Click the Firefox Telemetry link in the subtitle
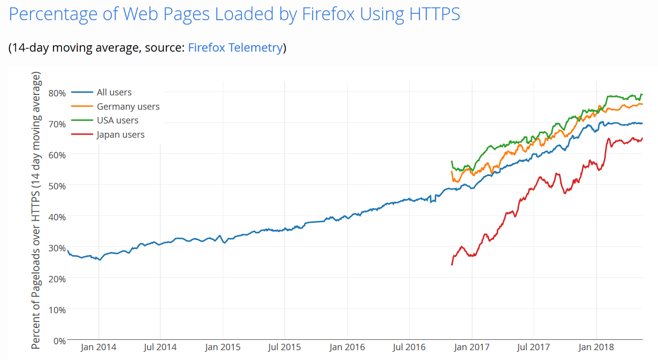(x=235, y=48)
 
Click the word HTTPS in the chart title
(x=434, y=14)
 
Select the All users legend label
(x=114, y=92)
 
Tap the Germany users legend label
(x=128, y=106)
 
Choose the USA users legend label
(x=118, y=120)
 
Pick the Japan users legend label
(x=120, y=135)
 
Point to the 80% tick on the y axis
(x=57, y=92)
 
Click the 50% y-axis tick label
(x=57, y=185)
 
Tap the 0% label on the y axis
(x=59, y=340)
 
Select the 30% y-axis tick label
(x=57, y=247)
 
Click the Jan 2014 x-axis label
(x=99, y=347)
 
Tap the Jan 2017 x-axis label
(x=472, y=347)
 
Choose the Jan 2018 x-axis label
(x=596, y=347)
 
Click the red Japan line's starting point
(x=452, y=265)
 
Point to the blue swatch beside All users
(x=82, y=92)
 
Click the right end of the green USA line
(x=642, y=94)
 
